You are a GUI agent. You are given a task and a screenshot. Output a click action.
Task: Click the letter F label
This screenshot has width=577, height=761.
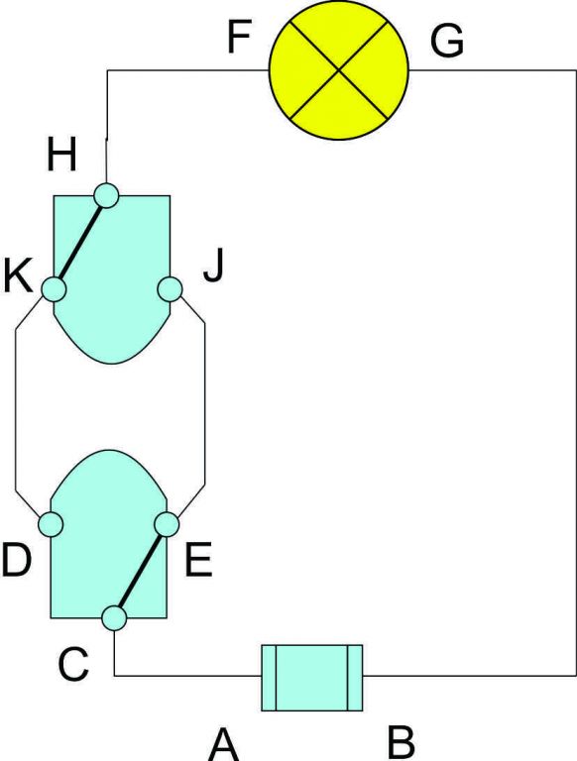point(239,37)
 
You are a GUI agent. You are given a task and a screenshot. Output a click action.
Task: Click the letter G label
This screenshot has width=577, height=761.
point(447,42)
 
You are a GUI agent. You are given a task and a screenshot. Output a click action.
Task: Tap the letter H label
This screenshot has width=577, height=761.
point(61,157)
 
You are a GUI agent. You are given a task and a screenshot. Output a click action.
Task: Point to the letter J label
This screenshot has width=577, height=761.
point(214,267)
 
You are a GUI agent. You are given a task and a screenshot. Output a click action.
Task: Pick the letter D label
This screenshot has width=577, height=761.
point(17,561)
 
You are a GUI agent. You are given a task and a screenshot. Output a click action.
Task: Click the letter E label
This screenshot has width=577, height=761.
point(198,561)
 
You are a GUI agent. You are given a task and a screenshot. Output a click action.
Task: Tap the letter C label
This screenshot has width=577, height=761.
point(73,664)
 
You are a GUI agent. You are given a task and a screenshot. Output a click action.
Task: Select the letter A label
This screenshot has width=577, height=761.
point(224,745)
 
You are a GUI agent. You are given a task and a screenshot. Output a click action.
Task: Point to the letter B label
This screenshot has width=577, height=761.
point(402,742)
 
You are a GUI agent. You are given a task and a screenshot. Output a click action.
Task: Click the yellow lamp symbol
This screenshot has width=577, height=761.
point(339,70)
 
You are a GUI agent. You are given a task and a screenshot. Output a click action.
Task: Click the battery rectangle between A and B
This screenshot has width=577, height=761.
point(312,678)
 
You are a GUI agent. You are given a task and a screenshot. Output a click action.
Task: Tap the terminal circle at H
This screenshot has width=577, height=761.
point(106,196)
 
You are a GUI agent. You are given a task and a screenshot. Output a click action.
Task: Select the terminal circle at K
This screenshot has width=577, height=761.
point(53,289)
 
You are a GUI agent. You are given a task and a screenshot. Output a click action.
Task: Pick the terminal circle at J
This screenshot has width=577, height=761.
point(170,289)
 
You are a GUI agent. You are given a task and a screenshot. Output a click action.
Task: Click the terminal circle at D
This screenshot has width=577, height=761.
point(51,524)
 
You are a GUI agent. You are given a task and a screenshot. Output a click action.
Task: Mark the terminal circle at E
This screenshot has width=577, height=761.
point(167,524)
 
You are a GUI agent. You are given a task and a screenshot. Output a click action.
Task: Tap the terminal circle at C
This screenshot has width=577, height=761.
point(115,618)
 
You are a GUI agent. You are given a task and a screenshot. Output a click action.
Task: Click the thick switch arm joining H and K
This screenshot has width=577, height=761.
point(81,243)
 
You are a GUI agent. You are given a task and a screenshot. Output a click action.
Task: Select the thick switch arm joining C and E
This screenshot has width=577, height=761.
point(140,571)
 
